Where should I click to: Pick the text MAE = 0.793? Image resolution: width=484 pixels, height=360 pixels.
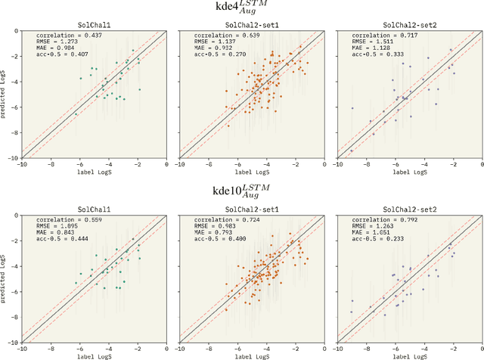[200, 234]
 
